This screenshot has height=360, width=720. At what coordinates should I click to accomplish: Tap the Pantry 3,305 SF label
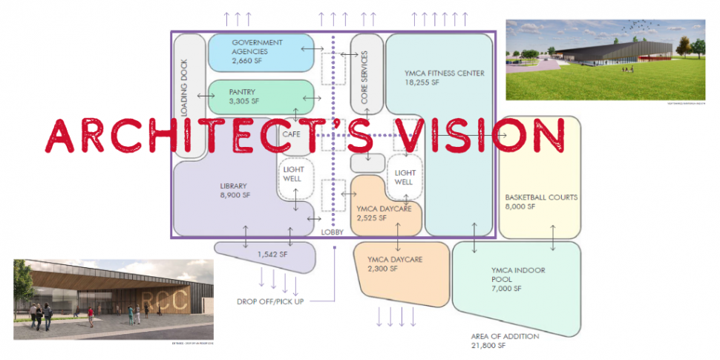click(x=244, y=96)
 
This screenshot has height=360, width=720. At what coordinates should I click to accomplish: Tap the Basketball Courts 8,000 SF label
click(x=540, y=202)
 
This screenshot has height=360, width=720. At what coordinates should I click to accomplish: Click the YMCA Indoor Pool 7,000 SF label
click(x=517, y=275)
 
